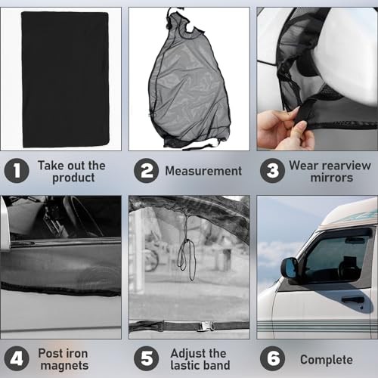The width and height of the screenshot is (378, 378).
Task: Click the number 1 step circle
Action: (x=17, y=171)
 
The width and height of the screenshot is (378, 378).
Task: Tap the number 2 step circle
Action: (x=146, y=171)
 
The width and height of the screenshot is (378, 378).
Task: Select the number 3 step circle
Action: (x=272, y=171)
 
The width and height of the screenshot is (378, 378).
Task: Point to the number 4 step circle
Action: (x=17, y=358)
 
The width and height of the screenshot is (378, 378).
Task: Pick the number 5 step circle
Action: (x=146, y=358)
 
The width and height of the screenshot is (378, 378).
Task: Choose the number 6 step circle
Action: (x=272, y=358)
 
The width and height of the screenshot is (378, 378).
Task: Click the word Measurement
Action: (x=203, y=171)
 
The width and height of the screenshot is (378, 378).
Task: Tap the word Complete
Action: (x=327, y=360)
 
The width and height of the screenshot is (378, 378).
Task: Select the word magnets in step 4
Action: (x=64, y=366)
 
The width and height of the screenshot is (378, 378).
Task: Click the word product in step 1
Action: (x=73, y=178)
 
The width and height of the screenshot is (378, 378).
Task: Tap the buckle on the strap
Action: (x=206, y=327)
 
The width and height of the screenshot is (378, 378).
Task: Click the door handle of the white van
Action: (x=353, y=300)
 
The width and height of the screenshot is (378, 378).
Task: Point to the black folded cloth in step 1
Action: (x=66, y=79)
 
